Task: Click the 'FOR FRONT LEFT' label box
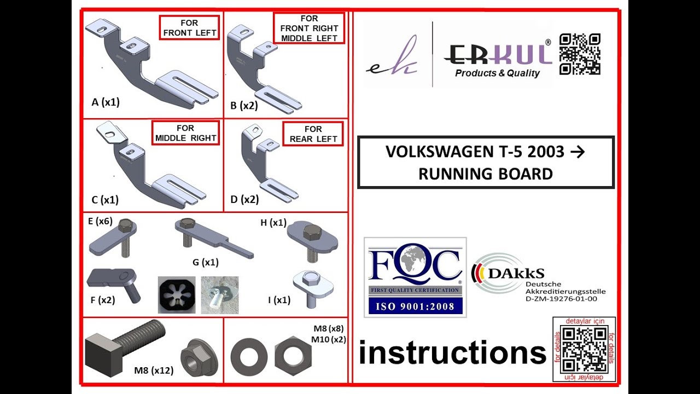(189, 27)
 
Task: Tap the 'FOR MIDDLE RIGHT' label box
(185, 133)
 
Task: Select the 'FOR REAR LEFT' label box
(313, 134)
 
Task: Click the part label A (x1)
(106, 102)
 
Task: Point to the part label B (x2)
(244, 106)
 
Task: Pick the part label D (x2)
(244, 199)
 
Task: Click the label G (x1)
(205, 262)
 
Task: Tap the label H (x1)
(273, 223)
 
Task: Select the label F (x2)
(103, 300)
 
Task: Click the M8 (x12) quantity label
(154, 370)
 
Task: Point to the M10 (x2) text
(329, 339)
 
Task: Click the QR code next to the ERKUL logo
(580, 54)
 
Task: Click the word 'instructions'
(453, 353)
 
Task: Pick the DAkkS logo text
(516, 274)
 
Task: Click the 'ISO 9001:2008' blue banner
(415, 306)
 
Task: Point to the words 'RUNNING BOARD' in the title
(486, 174)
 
